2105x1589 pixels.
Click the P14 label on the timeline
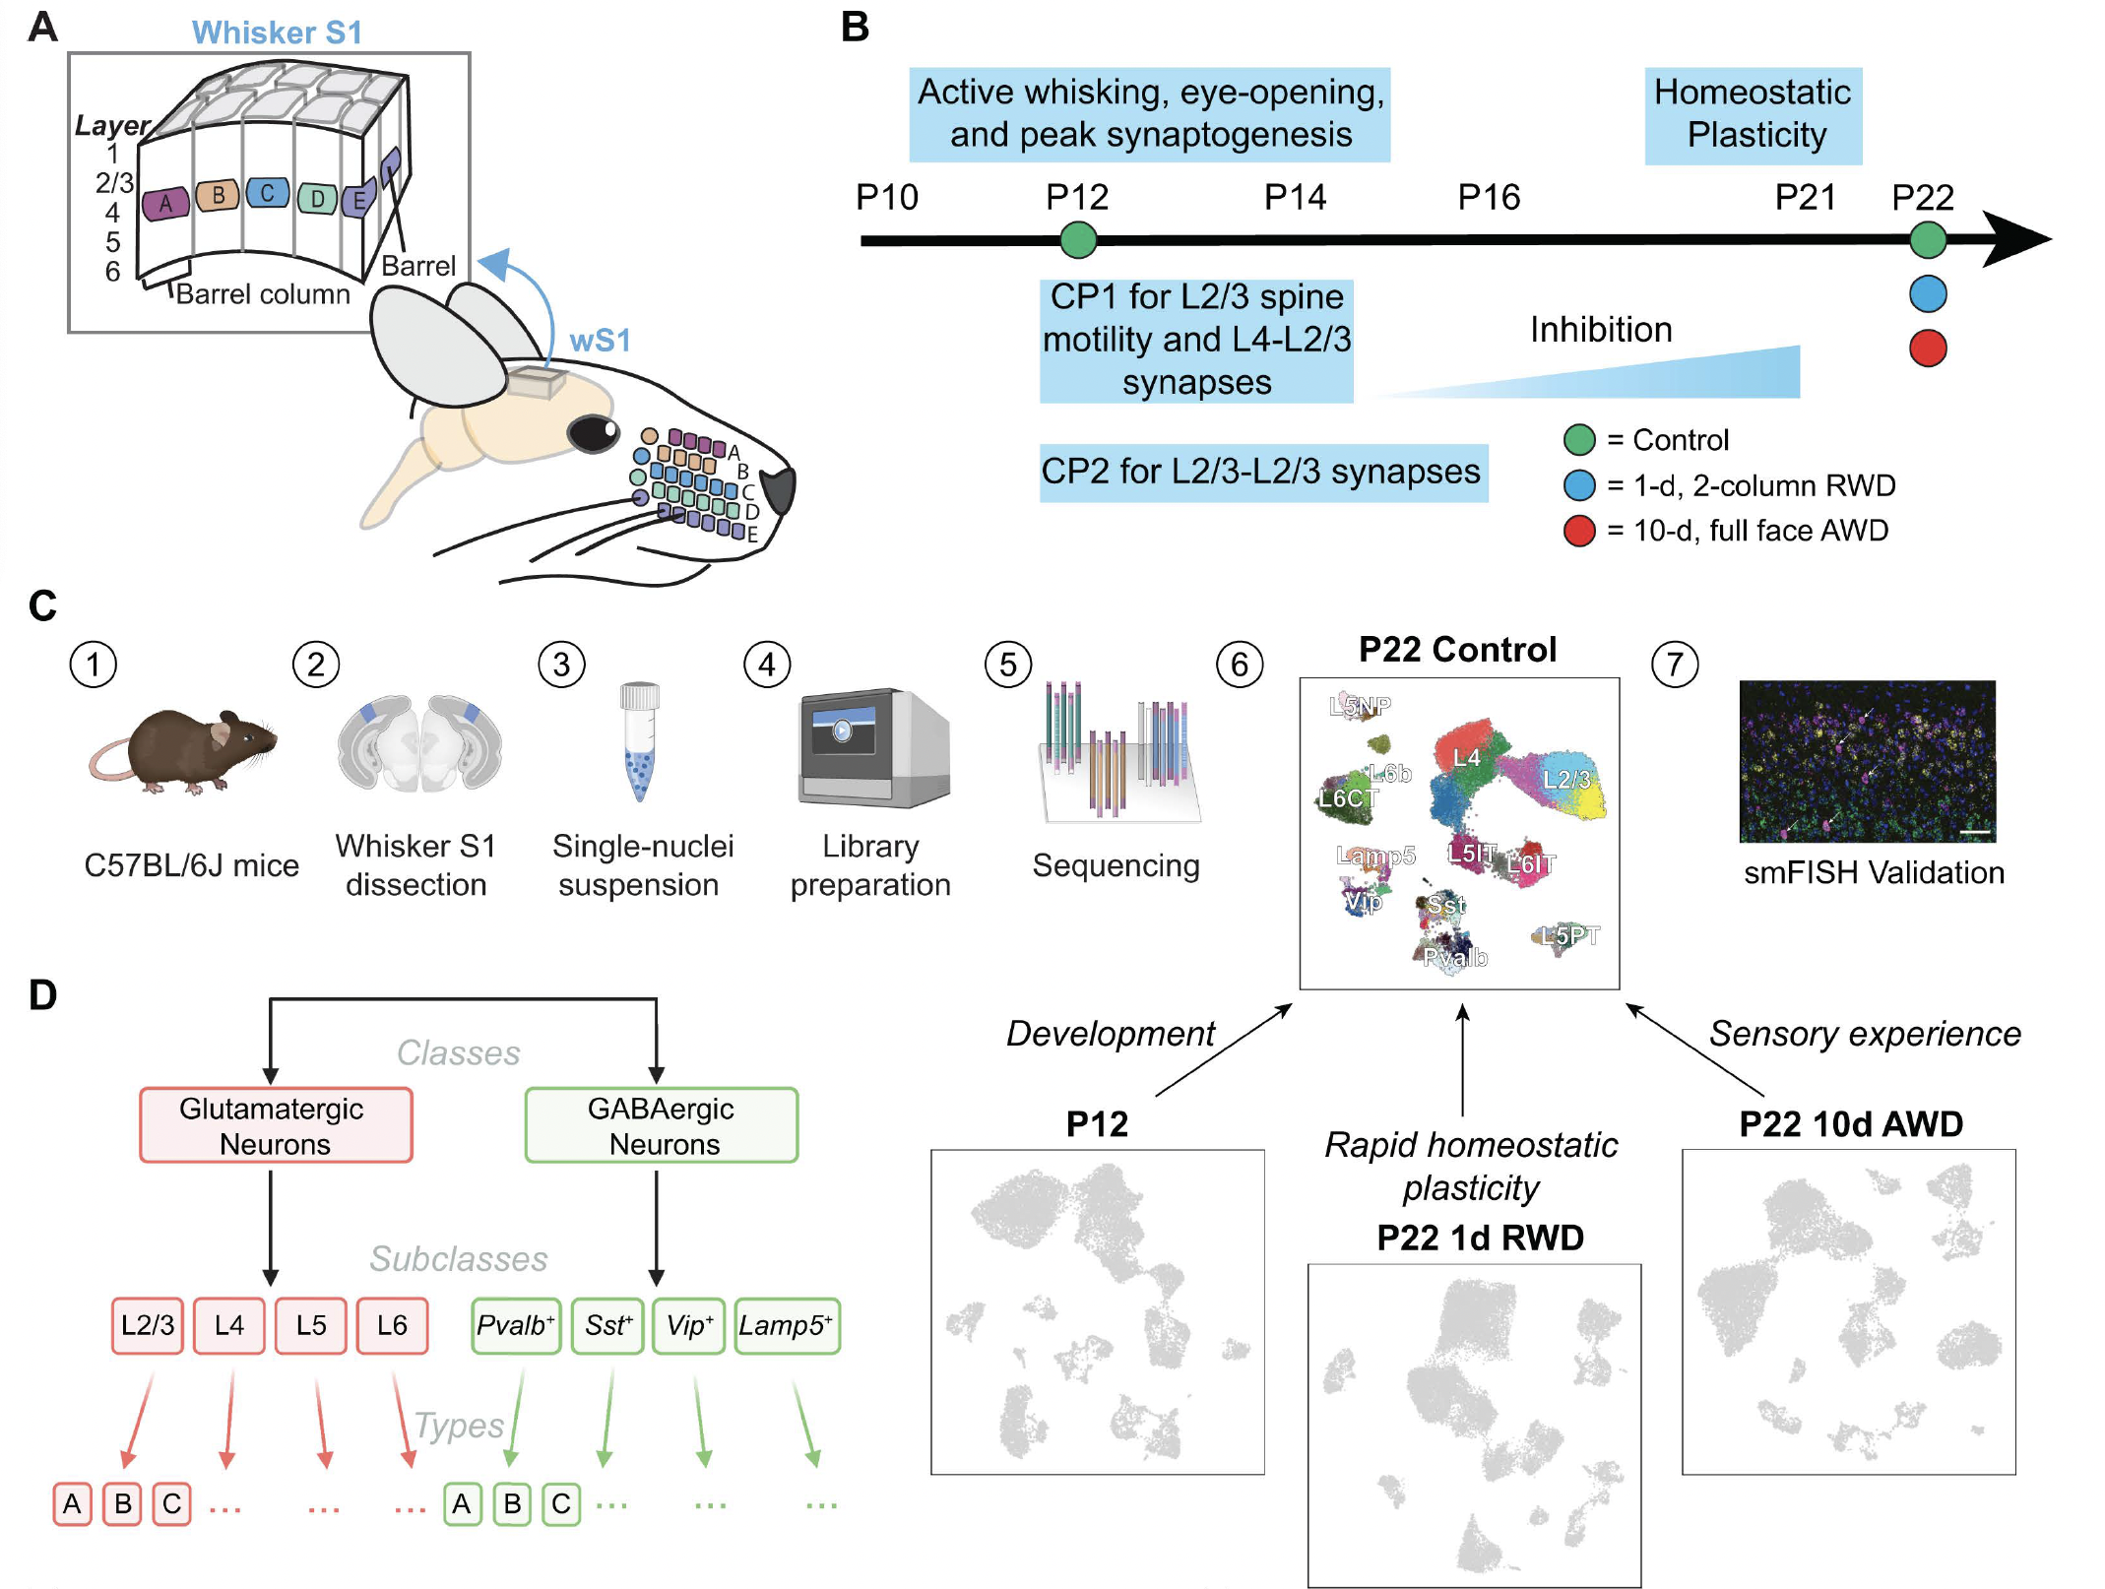click(x=1294, y=198)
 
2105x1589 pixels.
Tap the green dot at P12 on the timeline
click(x=1078, y=239)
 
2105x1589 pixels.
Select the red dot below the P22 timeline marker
click(x=1927, y=348)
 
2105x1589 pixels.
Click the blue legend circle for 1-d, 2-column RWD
click(x=1579, y=485)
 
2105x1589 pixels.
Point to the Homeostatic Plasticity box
click(x=1753, y=114)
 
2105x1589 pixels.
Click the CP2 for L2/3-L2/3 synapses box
click(x=1262, y=473)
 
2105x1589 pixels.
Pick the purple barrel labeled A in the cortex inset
click(x=165, y=204)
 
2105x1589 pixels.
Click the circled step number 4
click(x=767, y=665)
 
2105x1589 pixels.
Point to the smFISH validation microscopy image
click(x=1867, y=761)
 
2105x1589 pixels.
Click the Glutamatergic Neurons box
click(x=276, y=1125)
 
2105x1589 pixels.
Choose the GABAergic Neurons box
click(x=661, y=1125)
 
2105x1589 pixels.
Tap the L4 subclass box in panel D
click(x=228, y=1325)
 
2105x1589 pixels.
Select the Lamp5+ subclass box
click(x=787, y=1325)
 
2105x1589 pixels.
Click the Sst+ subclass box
click(x=606, y=1325)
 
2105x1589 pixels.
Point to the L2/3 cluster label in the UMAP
click(x=1565, y=780)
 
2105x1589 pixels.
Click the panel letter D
click(x=42, y=995)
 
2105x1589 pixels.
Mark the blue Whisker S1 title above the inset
click(x=277, y=32)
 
